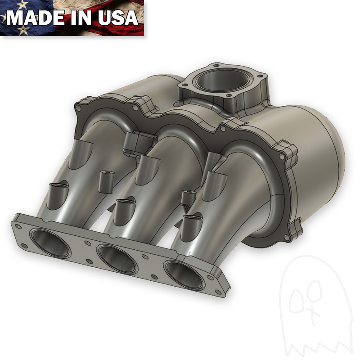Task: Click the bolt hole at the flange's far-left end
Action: [x=17, y=227]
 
